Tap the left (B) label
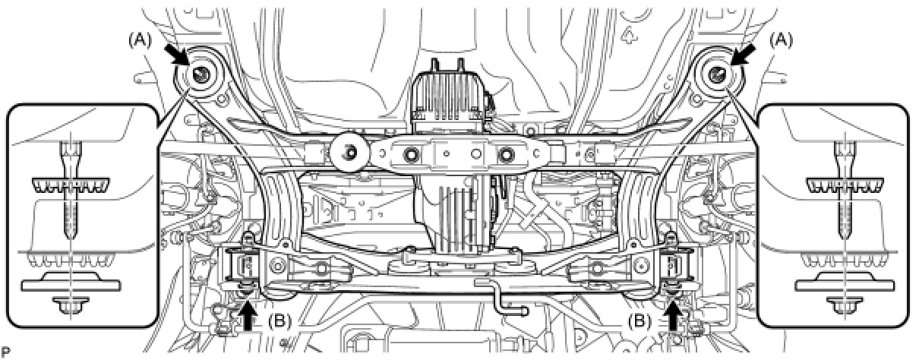(x=279, y=321)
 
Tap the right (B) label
(x=640, y=321)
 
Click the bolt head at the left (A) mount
(x=201, y=74)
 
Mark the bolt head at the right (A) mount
(x=718, y=74)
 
